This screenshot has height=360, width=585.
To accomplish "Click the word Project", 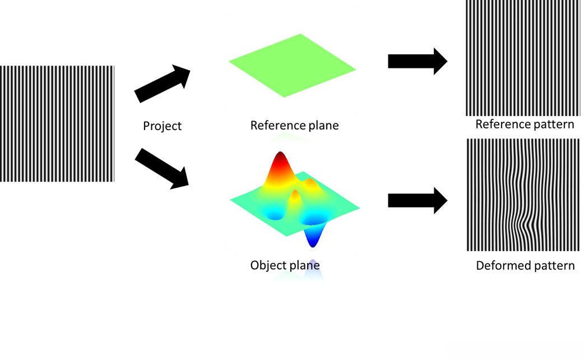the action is coord(162,126).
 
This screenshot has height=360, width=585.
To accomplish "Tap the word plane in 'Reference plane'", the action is coord(324,125).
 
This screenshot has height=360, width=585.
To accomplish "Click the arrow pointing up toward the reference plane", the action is coord(162,83).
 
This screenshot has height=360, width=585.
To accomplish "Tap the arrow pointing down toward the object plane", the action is coord(163,167).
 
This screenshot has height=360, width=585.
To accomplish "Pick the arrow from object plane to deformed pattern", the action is coord(417,200).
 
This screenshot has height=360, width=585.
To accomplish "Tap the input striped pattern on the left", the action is coord(57,123).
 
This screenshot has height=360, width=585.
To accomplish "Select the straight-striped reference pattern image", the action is coord(522,57).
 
